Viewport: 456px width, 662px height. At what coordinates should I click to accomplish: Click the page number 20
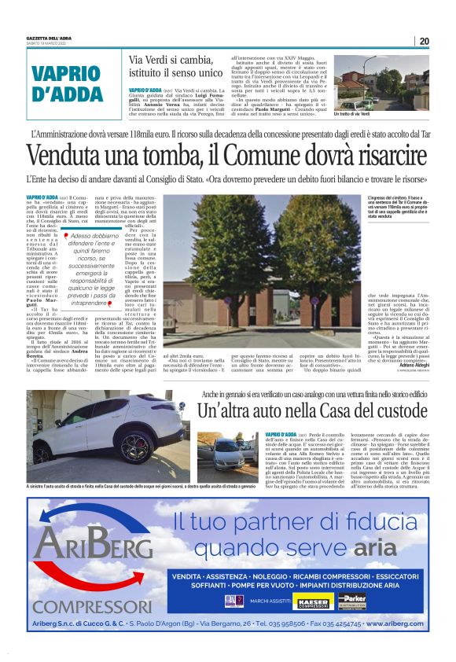(x=424, y=41)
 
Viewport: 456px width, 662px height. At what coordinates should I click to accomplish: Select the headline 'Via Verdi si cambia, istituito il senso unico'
(x=175, y=68)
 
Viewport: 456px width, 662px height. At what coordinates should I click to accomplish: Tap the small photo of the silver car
(x=226, y=449)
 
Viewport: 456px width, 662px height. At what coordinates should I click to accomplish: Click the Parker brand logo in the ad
(x=352, y=601)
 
